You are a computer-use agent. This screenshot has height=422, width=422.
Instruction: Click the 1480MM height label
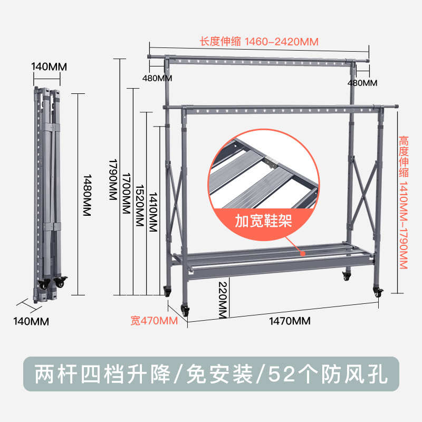coord(87,195)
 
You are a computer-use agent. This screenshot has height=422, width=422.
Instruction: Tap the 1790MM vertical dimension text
coord(113,179)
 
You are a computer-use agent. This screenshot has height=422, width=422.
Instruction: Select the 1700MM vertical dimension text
coord(127,193)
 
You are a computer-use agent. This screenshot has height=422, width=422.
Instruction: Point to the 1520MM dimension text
coord(140,205)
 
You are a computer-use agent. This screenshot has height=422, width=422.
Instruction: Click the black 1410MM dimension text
coord(153,212)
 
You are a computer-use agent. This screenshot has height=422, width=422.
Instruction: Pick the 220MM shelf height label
coord(223,300)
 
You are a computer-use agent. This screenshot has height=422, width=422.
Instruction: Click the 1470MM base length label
coord(290,321)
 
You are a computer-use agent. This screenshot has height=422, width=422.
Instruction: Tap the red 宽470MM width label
coord(154,321)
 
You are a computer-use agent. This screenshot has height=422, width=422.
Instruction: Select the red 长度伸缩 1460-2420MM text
coord(259,42)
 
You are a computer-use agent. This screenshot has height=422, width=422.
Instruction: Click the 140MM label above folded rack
coord(49,67)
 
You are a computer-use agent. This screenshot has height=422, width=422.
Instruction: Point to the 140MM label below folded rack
coord(31,322)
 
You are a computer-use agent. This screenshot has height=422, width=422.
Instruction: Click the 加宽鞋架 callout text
coord(263,221)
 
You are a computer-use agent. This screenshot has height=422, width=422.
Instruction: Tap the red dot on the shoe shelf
coord(303,254)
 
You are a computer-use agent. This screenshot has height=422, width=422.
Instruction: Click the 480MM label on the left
coord(157,78)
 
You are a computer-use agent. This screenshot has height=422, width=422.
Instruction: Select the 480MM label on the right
coord(362,83)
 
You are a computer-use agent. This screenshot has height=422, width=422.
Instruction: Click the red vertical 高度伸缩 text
coord(404,157)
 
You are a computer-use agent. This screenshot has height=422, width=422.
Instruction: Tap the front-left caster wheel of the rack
coord(185,310)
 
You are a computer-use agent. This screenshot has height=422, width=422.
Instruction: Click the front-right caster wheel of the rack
coord(378,292)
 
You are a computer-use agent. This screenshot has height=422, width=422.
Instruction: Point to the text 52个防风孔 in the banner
coord(328,374)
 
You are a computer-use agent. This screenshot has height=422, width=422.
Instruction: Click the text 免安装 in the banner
coord(219,374)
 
